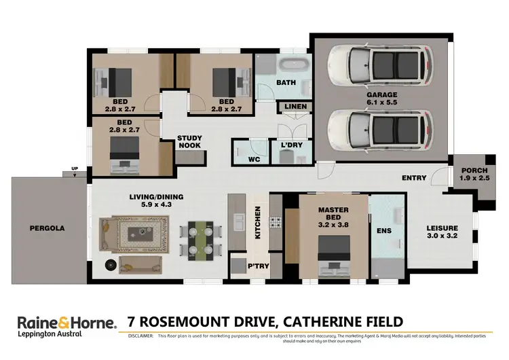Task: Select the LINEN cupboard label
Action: tap(296, 107)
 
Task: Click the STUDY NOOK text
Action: tap(189, 142)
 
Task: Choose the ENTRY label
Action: tap(414, 178)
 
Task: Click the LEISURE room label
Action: tap(442, 228)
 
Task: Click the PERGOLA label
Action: tap(47, 228)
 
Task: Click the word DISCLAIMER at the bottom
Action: tap(136, 336)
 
